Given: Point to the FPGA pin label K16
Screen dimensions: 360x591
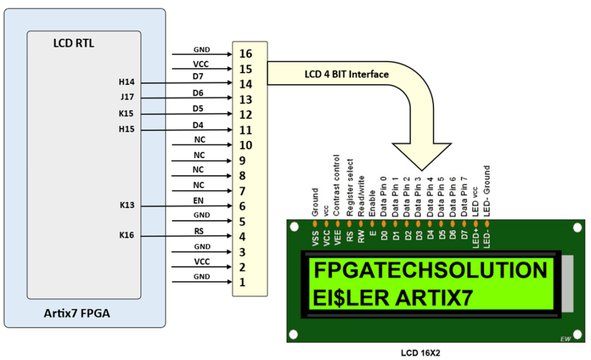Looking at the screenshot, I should (126, 235).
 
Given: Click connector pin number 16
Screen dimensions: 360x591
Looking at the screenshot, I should (245, 54).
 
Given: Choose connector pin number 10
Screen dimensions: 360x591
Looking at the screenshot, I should (245, 145).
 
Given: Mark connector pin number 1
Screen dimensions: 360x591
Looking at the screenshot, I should (242, 282).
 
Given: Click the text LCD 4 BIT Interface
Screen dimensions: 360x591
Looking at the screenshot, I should (347, 74).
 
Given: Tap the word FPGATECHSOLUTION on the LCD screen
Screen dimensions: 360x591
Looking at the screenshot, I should (429, 270).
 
